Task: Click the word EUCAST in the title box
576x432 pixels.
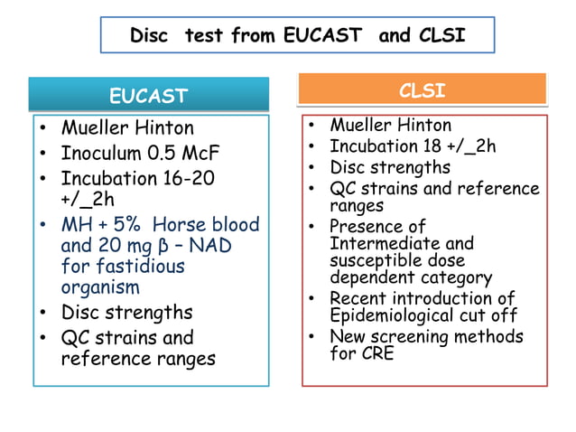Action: point(323,35)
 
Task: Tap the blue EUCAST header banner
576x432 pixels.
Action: point(149,95)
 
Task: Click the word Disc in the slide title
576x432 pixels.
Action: point(150,35)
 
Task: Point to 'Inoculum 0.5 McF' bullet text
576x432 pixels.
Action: point(140,153)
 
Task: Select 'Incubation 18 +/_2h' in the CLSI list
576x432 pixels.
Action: point(413,146)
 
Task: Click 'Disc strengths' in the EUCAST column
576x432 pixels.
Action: point(126,312)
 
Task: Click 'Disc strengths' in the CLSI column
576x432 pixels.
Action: point(389,167)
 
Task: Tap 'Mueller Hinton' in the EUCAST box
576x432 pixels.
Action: point(127,127)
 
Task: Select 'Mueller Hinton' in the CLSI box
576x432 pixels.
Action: point(390,126)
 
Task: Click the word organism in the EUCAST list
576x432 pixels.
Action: point(100,287)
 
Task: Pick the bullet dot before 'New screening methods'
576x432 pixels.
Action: point(311,336)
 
